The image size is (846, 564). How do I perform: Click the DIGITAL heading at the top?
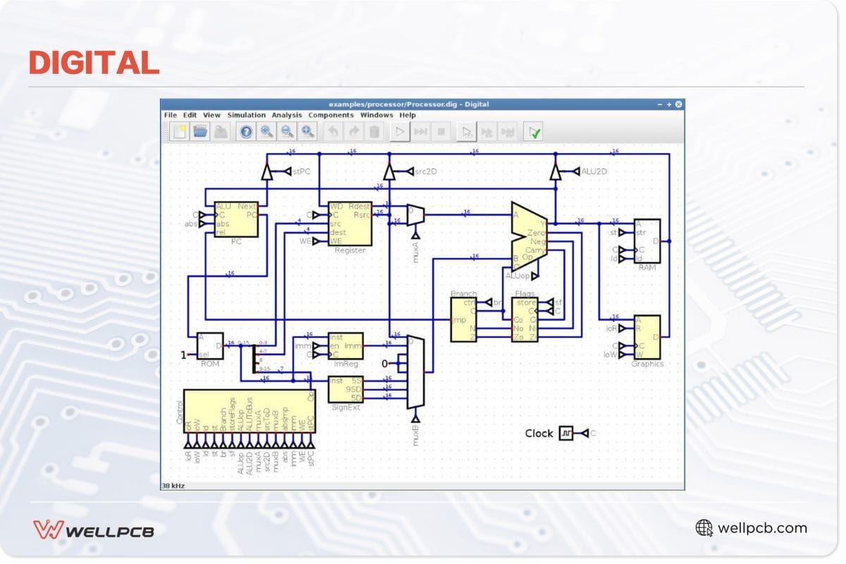[94, 63]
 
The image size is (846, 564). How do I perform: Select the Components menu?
[331, 115]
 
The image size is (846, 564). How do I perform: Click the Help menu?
[407, 115]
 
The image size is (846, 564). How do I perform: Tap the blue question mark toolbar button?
[246, 131]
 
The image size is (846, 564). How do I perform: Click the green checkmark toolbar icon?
[535, 131]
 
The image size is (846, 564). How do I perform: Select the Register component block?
[350, 223]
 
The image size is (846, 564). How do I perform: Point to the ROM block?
[209, 345]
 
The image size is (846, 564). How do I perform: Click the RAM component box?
[647, 240]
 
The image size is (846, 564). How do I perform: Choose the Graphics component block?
[647, 337]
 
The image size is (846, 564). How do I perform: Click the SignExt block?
[345, 389]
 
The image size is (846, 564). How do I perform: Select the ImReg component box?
[345, 345]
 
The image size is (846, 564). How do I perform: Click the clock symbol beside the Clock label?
[566, 434]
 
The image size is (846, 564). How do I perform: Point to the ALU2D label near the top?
[594, 171]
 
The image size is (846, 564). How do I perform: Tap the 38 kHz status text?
[173, 486]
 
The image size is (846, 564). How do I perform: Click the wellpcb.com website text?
[761, 528]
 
